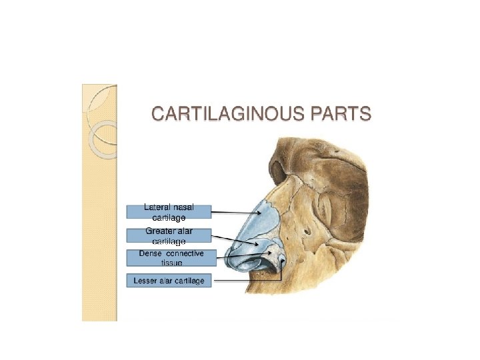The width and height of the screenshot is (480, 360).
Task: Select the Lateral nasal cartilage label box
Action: coord(169,212)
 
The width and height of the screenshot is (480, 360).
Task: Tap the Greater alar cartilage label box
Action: coord(169,235)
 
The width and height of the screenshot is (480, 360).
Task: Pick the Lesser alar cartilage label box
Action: coord(169,281)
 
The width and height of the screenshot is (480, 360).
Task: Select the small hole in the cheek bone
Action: coord(307,231)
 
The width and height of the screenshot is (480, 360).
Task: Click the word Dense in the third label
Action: coord(151,253)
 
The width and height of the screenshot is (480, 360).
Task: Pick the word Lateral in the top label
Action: coord(157,207)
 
